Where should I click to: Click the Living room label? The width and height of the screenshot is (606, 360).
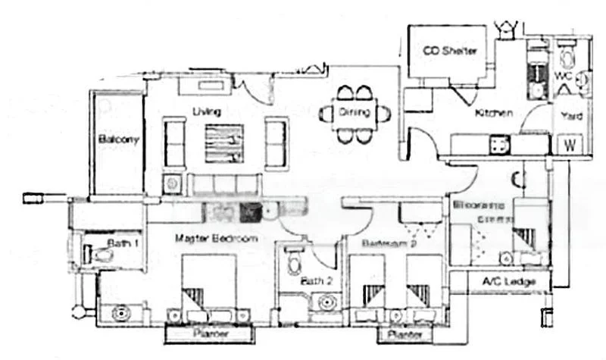click(206, 112)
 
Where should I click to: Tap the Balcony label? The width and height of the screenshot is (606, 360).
click(118, 139)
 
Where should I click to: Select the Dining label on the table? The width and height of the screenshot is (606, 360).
click(354, 113)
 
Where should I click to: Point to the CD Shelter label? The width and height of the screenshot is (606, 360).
click(450, 51)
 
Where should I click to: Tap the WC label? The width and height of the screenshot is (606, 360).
click(562, 76)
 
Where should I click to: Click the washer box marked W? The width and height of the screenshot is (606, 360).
click(569, 145)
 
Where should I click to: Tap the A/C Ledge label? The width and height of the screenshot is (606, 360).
click(509, 283)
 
